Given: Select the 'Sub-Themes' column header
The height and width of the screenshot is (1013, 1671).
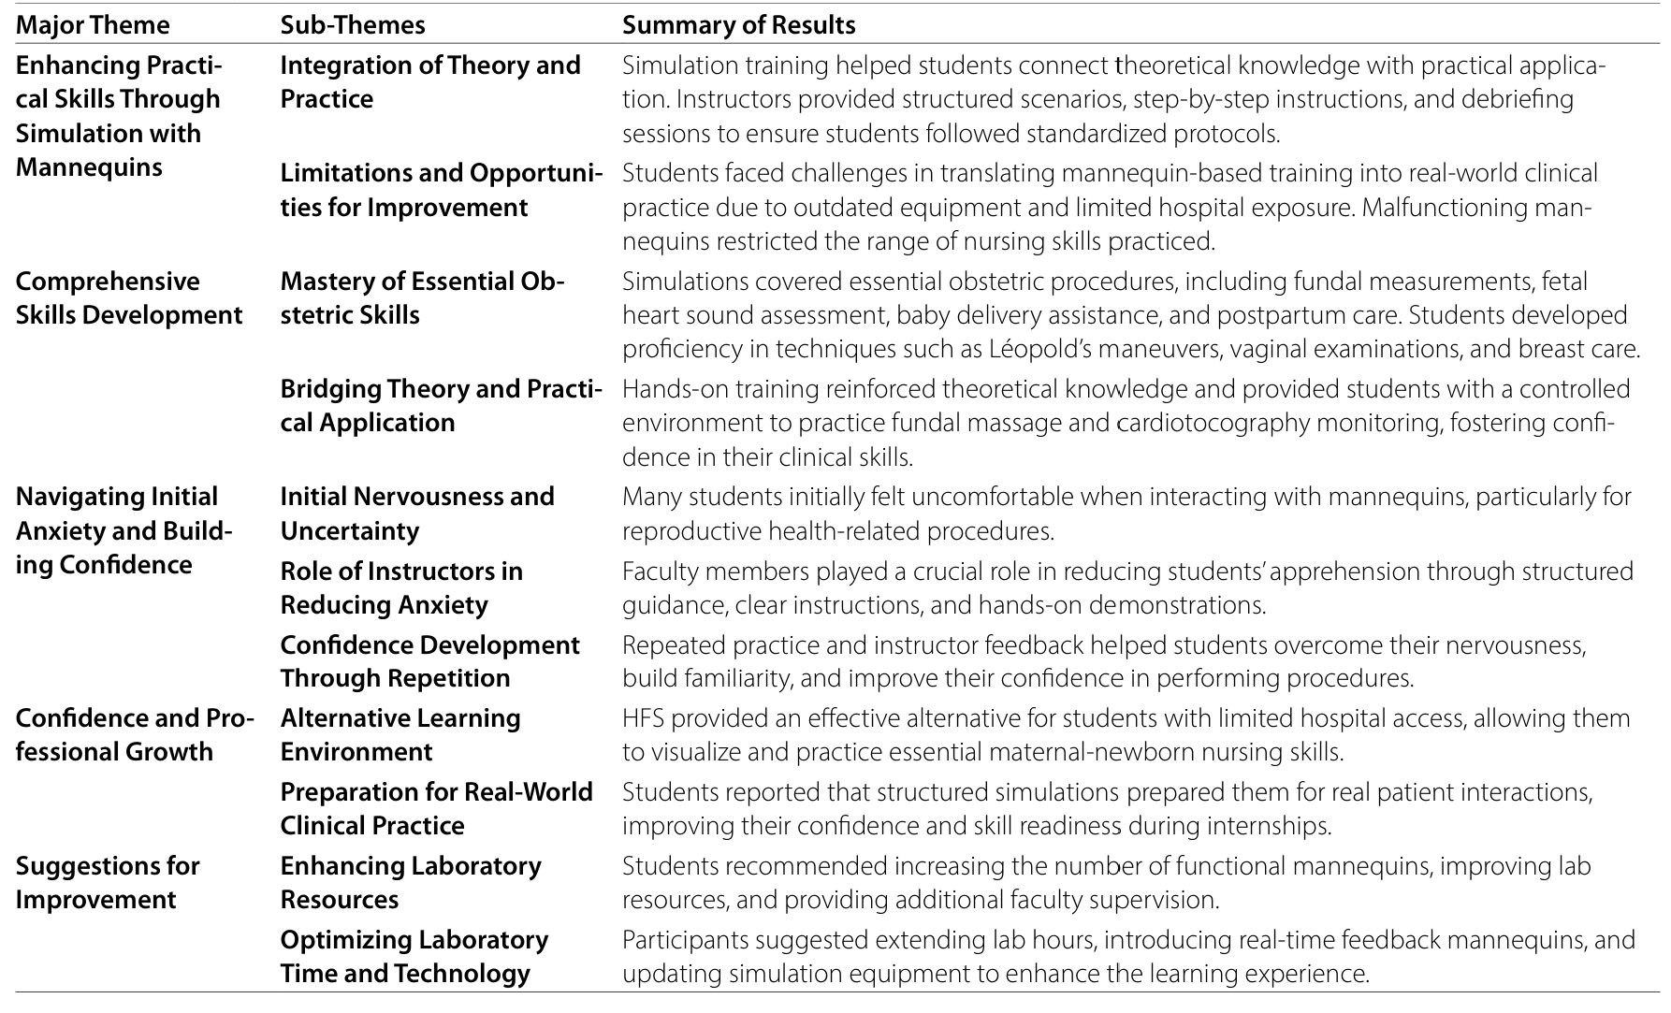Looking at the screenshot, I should (x=353, y=24).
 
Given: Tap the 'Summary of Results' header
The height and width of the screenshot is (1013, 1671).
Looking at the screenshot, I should (x=738, y=24).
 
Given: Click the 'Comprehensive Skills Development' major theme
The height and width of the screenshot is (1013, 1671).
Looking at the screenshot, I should (x=129, y=298).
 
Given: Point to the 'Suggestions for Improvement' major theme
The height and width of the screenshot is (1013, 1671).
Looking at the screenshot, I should (x=108, y=882).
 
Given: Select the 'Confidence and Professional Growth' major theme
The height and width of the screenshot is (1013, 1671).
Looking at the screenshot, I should (x=135, y=734).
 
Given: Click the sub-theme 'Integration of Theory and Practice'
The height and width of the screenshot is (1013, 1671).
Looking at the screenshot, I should (x=429, y=82).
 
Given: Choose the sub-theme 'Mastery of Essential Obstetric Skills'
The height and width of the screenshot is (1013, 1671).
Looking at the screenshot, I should (x=422, y=298).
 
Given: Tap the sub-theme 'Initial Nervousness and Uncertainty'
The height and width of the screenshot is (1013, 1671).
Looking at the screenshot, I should (x=416, y=514).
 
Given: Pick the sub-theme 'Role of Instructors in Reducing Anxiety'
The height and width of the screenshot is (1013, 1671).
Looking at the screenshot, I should (x=401, y=587).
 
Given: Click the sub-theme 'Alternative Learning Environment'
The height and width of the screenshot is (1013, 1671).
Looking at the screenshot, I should (x=400, y=734).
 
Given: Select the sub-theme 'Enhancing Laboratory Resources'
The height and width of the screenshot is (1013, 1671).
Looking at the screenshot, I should (x=410, y=882).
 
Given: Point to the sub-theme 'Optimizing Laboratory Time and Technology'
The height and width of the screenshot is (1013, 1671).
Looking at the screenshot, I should (x=414, y=956).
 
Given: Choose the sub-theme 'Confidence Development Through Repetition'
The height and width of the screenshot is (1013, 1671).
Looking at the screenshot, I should (x=429, y=661).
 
